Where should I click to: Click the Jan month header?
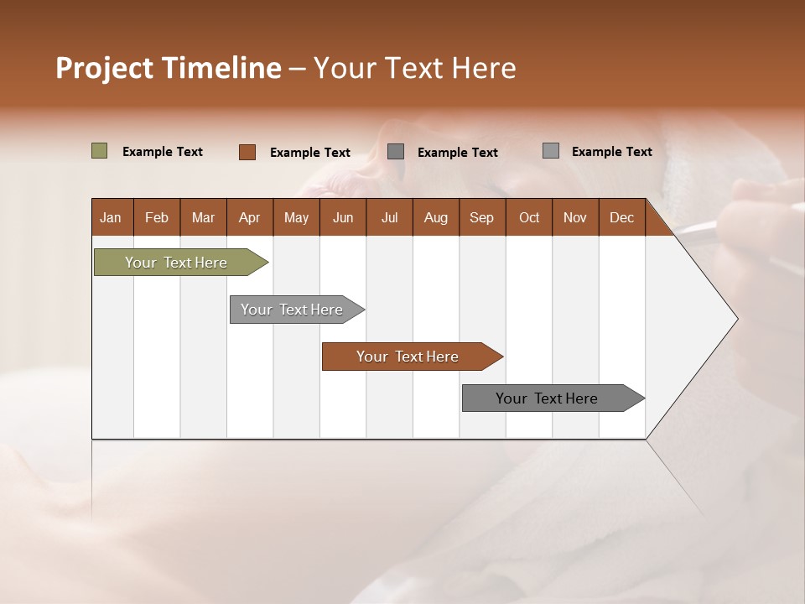[x=111, y=217]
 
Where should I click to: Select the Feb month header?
[x=157, y=217]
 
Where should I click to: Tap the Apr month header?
[x=249, y=217]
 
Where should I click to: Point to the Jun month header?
[x=343, y=217]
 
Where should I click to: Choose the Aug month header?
[x=435, y=217]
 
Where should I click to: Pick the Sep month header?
[x=481, y=217]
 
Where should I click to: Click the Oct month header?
[x=529, y=217]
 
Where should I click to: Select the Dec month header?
[x=621, y=217]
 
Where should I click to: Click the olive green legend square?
[x=100, y=151]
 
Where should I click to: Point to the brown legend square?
[x=247, y=152]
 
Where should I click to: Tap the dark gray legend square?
[x=396, y=152]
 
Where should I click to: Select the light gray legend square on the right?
[x=551, y=151]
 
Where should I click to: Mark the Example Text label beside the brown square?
[x=309, y=153]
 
